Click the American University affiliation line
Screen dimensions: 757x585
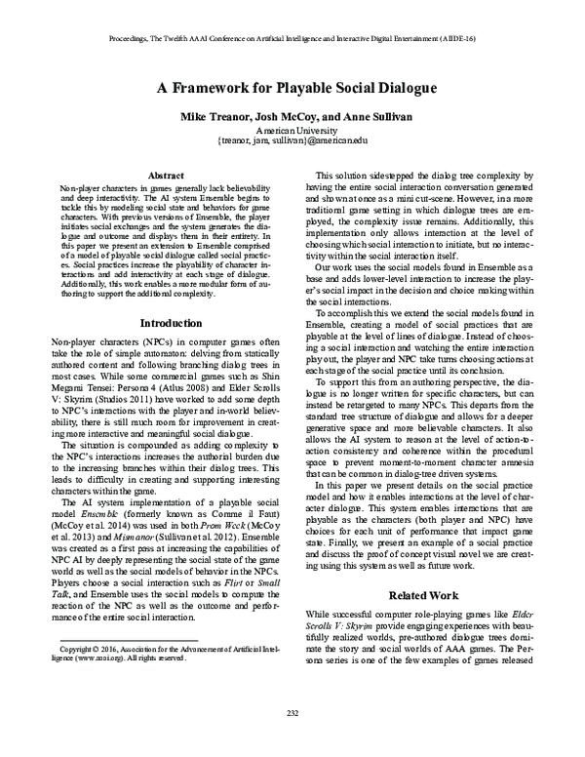coord(293,130)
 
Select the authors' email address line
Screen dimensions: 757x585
coord(293,141)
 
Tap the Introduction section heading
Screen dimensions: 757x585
coord(158,321)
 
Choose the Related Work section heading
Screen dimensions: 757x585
coord(428,592)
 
